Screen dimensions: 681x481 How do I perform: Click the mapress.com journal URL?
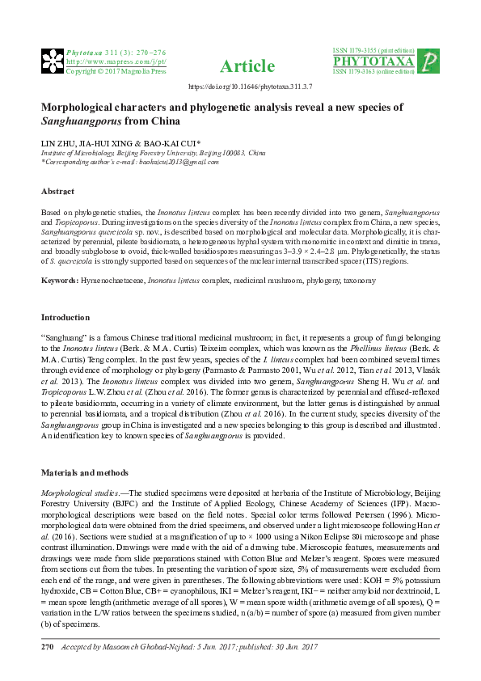104,61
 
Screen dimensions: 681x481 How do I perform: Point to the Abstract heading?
57,192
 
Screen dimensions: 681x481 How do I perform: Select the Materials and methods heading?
83,472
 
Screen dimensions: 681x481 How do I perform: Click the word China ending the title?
161,122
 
